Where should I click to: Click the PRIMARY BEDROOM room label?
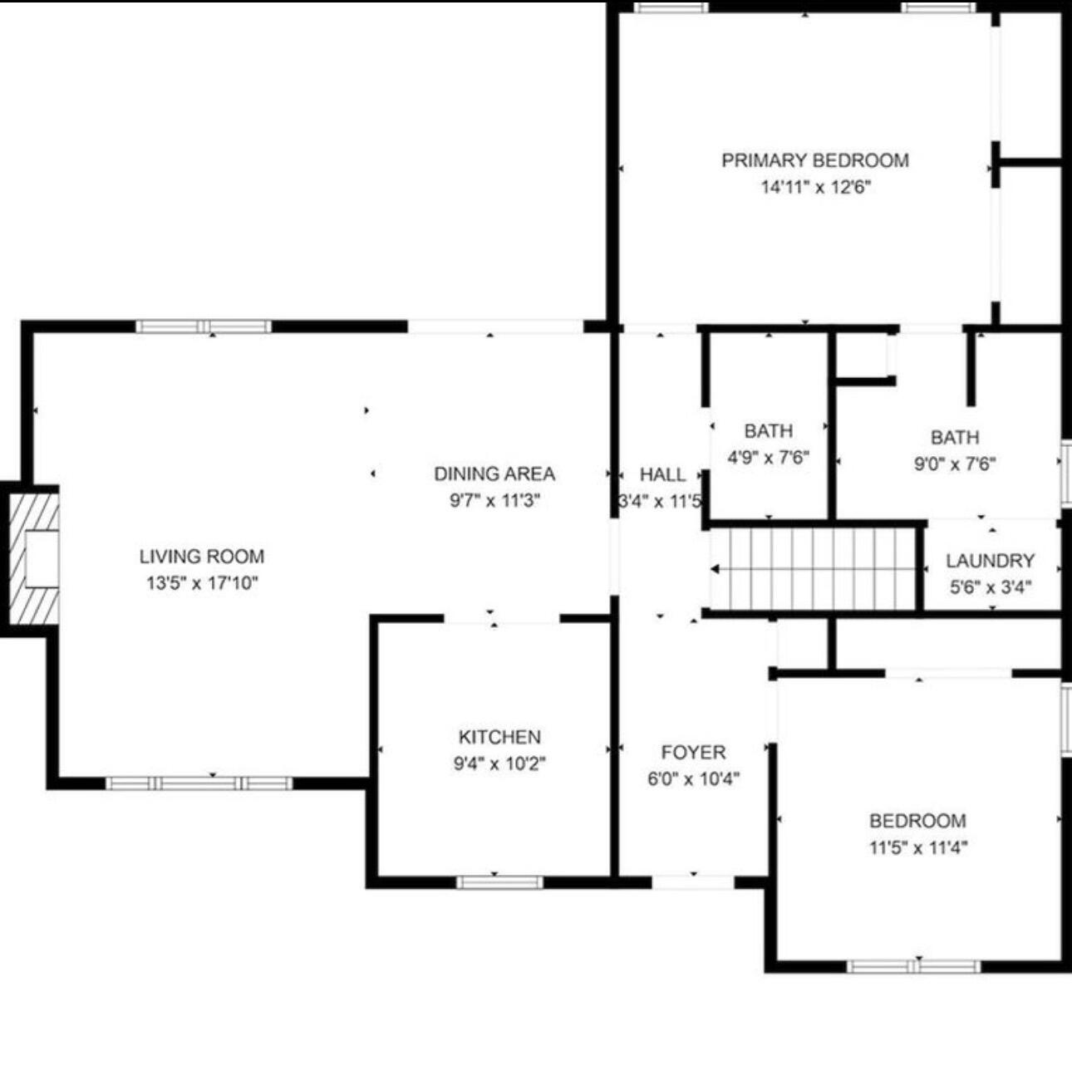[x=815, y=160]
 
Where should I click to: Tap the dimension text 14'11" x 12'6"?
[x=815, y=188]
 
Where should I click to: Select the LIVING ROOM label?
[x=202, y=556]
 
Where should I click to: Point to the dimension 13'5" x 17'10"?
[x=203, y=583]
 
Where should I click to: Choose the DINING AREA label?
[x=494, y=474]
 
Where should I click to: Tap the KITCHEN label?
[x=499, y=737]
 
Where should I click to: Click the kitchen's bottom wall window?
[x=499, y=882]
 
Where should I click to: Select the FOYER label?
[x=694, y=753]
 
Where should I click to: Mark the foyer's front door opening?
[x=693, y=882]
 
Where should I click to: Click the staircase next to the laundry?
[x=813, y=569]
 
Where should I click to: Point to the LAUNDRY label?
[x=991, y=561]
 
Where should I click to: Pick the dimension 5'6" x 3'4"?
[x=991, y=587]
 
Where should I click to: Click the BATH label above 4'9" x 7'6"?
[x=768, y=431]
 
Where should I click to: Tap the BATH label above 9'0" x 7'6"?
[x=955, y=437]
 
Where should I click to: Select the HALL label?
[x=662, y=475]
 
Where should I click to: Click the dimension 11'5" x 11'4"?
[x=918, y=848]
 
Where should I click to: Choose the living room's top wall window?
[x=204, y=326]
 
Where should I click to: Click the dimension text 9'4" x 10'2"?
[x=499, y=763]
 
